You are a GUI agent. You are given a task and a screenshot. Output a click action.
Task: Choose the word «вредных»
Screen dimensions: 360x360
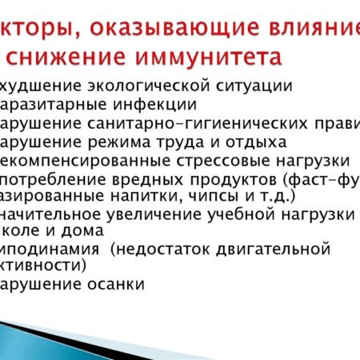pos(152,178)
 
